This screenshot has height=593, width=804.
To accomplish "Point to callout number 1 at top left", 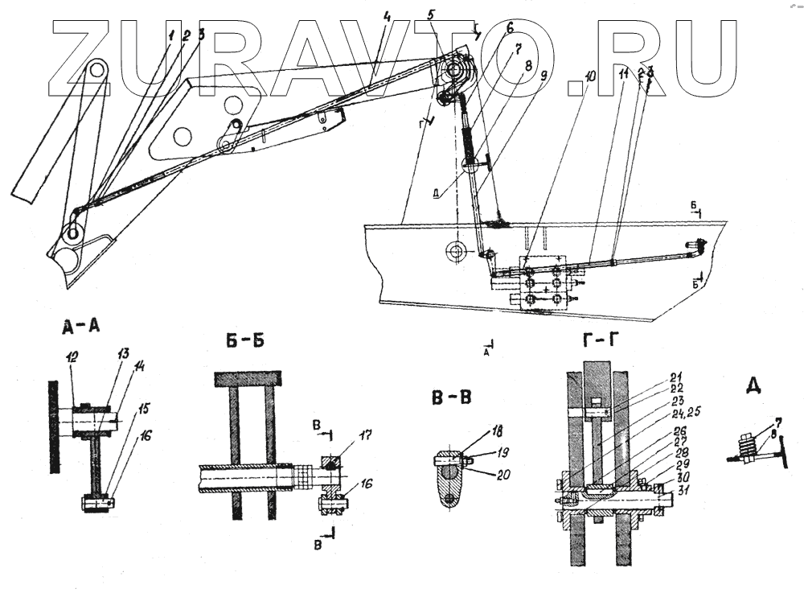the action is coord(170,35).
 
